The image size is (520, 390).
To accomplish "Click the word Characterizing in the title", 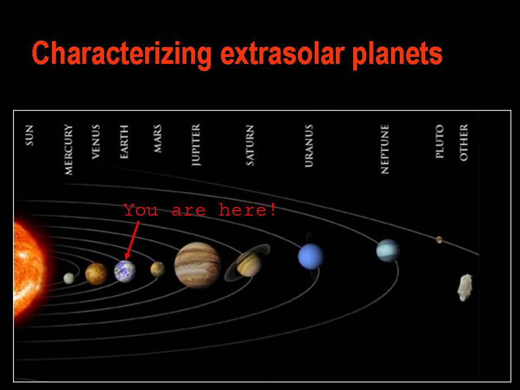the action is tap(122, 54).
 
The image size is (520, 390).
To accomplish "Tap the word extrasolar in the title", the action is tap(282, 54).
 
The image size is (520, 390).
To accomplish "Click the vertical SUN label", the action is tap(29, 135).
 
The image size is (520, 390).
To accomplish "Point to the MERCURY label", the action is tap(68, 149).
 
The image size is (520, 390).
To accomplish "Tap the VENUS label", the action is tap(95, 142).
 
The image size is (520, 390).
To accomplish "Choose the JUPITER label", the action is tap(196, 145).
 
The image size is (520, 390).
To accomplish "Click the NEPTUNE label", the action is tap(385, 149).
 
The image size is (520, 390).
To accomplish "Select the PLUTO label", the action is tap(439, 141).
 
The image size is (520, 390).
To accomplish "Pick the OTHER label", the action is tap(464, 142).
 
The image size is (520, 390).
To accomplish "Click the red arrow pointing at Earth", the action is tap(132, 240).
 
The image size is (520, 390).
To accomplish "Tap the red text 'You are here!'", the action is tap(200, 210).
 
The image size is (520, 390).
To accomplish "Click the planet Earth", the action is tap(125, 271).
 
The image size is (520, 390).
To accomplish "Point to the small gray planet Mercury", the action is tap(69, 278).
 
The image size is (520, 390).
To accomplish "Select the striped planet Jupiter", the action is tap(198, 265).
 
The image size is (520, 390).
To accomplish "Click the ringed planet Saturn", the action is tap(248, 263).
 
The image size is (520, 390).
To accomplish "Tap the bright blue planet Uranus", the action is tap(311, 256).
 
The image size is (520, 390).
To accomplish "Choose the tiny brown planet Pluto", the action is tap(439, 239).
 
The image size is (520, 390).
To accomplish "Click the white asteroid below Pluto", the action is tap(465, 287).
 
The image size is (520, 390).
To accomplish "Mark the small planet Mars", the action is tap(158, 269).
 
